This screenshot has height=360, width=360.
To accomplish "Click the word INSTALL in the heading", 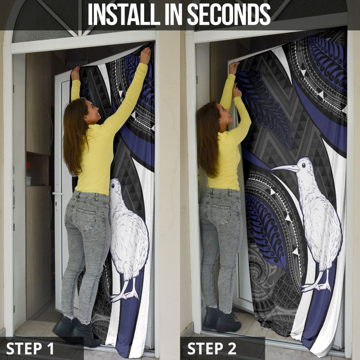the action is tap(124, 14).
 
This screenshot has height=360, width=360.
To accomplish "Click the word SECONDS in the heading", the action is tap(229, 14).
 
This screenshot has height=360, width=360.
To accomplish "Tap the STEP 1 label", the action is tap(30, 348).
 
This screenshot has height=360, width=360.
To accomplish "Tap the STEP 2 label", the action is tap(212, 348).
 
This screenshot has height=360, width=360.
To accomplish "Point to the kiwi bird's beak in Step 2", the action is tap(285, 168).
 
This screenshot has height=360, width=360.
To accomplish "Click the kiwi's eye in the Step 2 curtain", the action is tap(303, 165).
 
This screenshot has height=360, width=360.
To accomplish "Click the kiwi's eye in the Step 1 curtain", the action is tap(112, 185).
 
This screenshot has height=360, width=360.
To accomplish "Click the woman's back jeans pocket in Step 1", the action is tap(86, 220).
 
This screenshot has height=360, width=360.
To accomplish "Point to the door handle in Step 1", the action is tap(57, 193).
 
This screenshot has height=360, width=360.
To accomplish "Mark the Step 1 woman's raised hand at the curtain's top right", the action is tap(145, 55).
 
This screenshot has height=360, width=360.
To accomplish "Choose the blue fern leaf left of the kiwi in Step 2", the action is tap(266, 232).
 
